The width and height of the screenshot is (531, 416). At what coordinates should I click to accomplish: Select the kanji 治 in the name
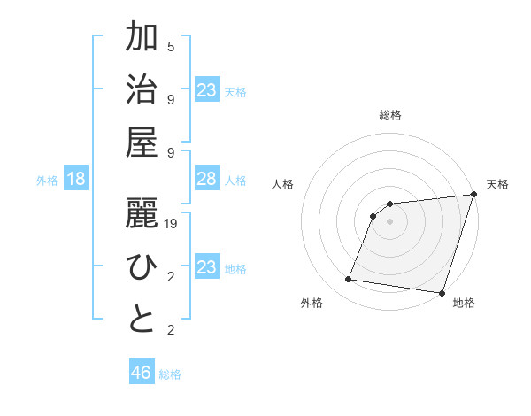(142, 91)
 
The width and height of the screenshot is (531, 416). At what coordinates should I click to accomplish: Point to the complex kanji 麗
(142, 214)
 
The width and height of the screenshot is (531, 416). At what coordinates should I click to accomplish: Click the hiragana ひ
(142, 268)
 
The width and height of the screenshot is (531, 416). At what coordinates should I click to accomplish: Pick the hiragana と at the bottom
(142, 321)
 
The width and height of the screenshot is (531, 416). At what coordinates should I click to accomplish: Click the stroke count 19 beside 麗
(171, 225)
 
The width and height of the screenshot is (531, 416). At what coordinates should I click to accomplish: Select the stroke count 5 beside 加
(171, 46)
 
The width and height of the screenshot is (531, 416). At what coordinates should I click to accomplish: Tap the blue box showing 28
(206, 179)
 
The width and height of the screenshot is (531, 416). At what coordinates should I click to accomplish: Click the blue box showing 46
(142, 373)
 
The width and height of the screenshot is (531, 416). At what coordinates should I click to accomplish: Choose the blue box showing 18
(76, 179)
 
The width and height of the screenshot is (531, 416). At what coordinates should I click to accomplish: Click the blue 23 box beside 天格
(206, 89)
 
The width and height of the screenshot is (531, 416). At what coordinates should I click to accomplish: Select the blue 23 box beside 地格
(206, 267)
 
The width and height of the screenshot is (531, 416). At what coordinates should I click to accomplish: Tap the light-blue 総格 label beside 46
(170, 374)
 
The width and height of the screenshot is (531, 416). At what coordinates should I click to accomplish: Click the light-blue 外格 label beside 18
(47, 181)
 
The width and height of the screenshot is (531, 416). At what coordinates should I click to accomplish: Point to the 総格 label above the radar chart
(390, 115)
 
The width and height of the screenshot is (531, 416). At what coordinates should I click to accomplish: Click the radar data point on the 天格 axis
(474, 195)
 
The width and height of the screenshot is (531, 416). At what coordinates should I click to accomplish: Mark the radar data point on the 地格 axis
(442, 292)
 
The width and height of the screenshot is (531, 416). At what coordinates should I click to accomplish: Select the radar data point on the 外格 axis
(349, 280)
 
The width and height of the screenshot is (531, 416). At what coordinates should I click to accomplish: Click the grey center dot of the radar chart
(390, 222)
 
